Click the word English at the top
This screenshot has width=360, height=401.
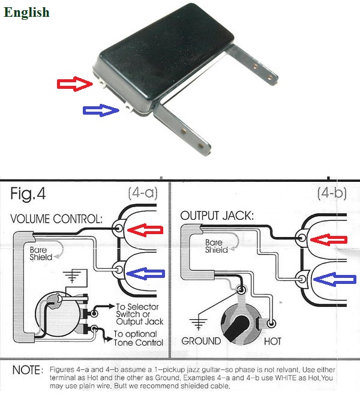[26, 12]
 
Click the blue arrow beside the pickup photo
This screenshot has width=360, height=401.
[100, 109]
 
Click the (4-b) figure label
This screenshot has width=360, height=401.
[332, 193]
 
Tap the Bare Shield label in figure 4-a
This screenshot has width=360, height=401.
[38, 253]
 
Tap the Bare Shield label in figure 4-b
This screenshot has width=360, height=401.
[216, 246]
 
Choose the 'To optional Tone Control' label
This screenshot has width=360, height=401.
[138, 338]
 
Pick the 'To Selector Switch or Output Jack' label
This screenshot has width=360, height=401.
[137, 315]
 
